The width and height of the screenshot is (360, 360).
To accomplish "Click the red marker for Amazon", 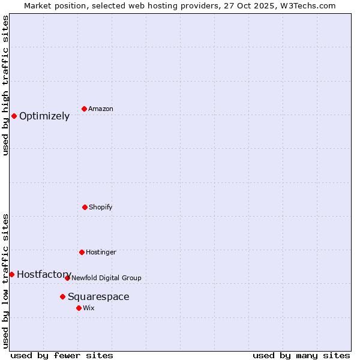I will tap(85, 109).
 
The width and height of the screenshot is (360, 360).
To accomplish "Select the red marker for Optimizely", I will tap(14, 116).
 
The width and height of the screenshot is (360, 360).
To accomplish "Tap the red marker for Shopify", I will tap(85, 207).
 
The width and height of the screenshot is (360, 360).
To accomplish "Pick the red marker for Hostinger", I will tap(82, 252).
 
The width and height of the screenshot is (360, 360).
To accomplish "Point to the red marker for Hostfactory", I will tap(11, 274).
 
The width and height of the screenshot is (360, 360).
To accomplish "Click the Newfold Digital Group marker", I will tap(67, 278).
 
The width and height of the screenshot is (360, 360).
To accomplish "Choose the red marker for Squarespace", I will tap(62, 296).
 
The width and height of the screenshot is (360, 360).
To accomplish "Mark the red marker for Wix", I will tap(79, 308).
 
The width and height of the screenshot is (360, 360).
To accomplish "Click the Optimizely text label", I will tap(44, 116).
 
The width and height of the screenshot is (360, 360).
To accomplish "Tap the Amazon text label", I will tap(101, 109).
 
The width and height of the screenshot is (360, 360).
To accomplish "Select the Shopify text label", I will tap(101, 208).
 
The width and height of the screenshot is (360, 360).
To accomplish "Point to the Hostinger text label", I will tap(101, 253).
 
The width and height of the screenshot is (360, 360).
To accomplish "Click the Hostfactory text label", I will tap(44, 275).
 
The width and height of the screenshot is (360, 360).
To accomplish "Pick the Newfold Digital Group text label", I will tap(106, 278).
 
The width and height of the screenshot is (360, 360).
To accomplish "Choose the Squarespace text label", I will tap(98, 297).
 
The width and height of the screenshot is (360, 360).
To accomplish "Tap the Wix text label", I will tap(89, 308).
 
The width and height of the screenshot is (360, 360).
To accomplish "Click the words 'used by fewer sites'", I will tap(62, 355).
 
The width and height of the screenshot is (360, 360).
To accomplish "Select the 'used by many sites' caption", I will tap(301, 355).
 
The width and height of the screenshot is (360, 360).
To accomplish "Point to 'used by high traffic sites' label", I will tap(6, 85).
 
